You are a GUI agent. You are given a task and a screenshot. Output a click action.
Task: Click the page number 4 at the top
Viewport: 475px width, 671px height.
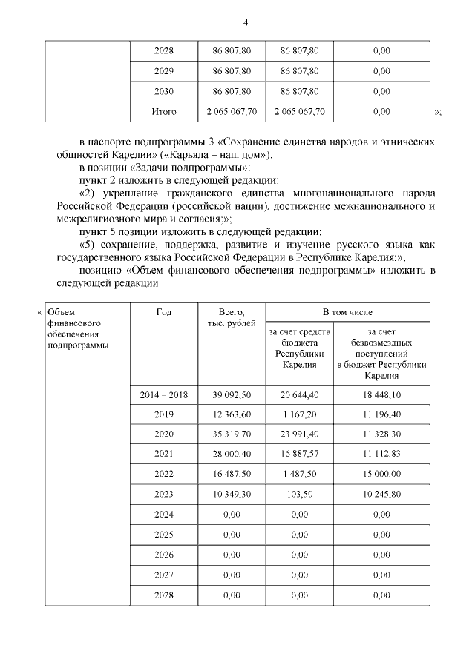coord(245,22)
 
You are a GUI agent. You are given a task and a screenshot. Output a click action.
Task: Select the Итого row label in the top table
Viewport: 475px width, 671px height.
coord(163,112)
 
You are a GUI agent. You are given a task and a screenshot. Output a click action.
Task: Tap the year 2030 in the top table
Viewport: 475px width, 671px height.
coord(163,92)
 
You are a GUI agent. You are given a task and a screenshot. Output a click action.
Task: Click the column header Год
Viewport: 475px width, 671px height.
coord(163,312)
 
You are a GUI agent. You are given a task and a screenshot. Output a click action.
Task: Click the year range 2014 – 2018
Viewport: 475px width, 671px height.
coord(163,395)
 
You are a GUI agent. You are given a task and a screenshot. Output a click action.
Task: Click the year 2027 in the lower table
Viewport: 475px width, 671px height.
coord(163,575)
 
